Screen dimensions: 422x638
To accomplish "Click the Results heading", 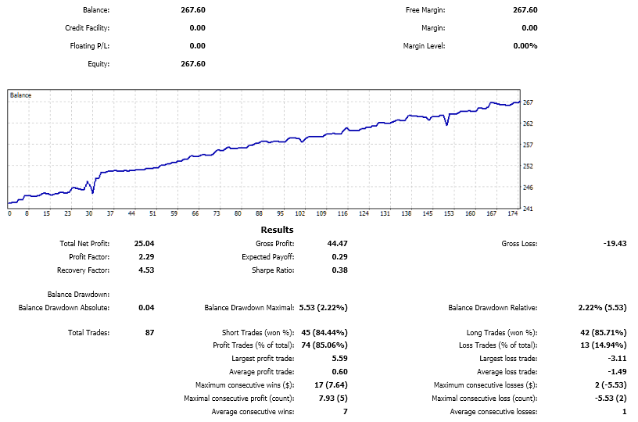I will click(x=277, y=230).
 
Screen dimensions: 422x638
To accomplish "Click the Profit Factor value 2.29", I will click(x=146, y=257).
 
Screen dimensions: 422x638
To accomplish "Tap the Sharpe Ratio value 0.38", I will click(x=338, y=270).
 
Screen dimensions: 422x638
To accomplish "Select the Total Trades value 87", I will click(x=149, y=333).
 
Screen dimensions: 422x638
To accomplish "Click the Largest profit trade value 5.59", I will click(x=339, y=359).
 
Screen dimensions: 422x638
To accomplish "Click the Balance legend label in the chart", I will click(x=21, y=95).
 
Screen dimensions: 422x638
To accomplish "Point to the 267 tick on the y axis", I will click(x=528, y=102).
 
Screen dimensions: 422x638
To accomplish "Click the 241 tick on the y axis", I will click(x=528, y=208).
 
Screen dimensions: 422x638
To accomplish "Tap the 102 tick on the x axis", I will click(x=299, y=213).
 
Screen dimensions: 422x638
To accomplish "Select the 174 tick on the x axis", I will click(x=513, y=213).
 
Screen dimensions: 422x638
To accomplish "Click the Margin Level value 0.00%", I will click(x=525, y=46).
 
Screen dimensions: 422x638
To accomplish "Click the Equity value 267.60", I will click(x=193, y=64).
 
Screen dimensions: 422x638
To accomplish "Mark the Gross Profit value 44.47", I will click(x=337, y=244).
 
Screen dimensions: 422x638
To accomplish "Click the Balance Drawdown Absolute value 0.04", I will click(x=146, y=308).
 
